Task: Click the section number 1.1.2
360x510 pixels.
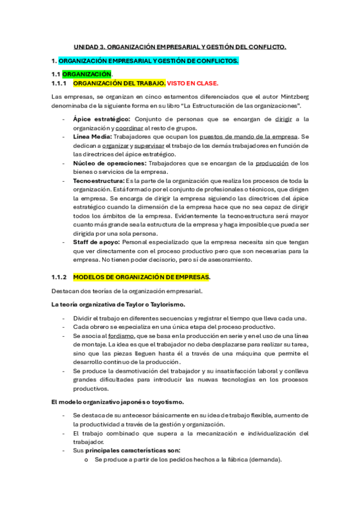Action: [x=60, y=277]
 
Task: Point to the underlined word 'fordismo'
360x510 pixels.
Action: [x=121, y=336]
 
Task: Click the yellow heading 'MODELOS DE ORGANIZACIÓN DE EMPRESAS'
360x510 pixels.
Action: [x=141, y=277]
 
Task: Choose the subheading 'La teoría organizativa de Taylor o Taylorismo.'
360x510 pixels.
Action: [x=118, y=305]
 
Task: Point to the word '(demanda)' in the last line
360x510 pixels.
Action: [x=263, y=459]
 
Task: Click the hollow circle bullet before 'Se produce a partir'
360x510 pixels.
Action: [x=87, y=460]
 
